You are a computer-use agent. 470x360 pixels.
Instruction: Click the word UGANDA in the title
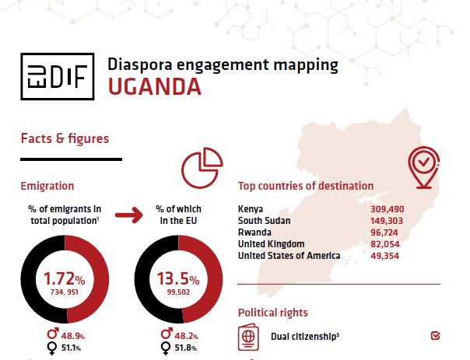point(155,86)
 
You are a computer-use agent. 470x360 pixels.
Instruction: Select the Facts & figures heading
point(65,139)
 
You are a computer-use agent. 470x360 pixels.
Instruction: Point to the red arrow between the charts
point(134,215)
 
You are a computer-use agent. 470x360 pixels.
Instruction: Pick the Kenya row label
point(251,209)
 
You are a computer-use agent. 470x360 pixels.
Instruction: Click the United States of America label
point(289,256)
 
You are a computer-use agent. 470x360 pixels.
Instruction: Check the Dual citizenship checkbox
point(435,336)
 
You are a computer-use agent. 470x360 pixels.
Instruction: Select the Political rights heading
point(272,313)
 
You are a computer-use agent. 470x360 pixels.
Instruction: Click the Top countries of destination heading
point(305,187)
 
